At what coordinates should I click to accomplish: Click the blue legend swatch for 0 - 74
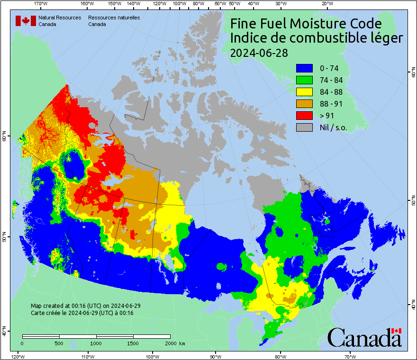click(305, 68)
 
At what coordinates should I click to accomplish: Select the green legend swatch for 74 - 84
click(305, 80)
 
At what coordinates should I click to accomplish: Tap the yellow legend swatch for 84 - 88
click(305, 92)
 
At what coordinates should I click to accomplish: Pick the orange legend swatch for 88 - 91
click(305, 104)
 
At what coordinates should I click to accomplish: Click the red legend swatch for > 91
click(305, 116)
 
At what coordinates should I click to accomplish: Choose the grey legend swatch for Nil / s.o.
click(305, 127)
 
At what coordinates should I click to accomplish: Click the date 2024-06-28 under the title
click(259, 53)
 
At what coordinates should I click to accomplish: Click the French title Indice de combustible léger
click(317, 38)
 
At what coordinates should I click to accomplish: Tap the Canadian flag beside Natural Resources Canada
click(26, 21)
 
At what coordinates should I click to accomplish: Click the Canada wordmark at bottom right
click(364, 338)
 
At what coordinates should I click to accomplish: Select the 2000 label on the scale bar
click(170, 343)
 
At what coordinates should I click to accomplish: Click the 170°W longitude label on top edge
click(41, 4)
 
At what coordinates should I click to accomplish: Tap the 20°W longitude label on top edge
click(326, 4)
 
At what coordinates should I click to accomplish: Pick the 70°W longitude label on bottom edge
click(350, 356)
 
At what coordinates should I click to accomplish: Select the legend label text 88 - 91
click(332, 104)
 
